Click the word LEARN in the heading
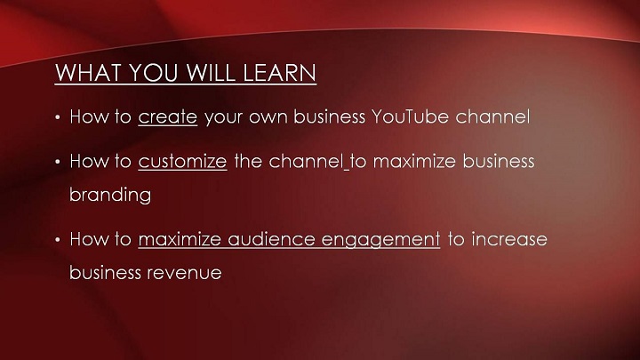[279, 73]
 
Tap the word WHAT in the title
[89, 73]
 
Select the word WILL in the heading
[211, 73]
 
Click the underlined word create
[168, 117]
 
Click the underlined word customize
[182, 161]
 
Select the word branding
[110, 195]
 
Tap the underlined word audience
[271, 239]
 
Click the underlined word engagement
[380, 240]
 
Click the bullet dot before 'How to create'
[58, 118]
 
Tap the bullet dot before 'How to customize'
[58, 162]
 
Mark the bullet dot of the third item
[58, 240]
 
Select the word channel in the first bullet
[492, 116]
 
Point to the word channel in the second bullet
[306, 161]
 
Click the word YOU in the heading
[154, 73]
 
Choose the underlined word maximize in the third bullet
[180, 239]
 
